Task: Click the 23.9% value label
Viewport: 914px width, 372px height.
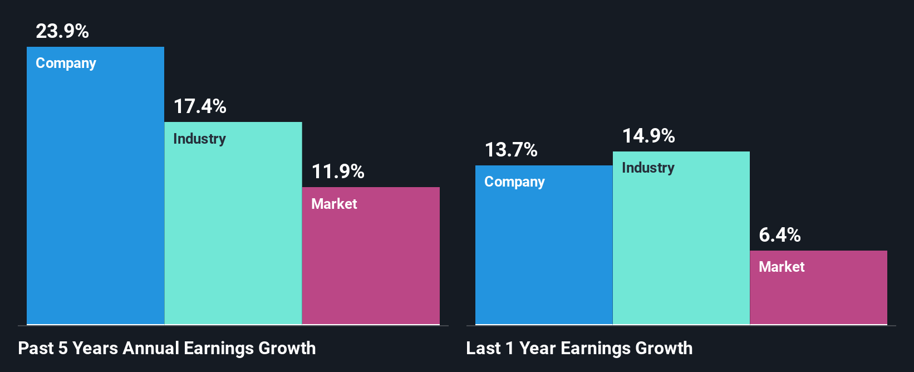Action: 62,31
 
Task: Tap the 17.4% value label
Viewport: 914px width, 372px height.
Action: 200,106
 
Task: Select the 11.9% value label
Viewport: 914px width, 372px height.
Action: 338,172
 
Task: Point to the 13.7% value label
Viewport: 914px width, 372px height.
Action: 511,150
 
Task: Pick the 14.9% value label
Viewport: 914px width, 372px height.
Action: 648,136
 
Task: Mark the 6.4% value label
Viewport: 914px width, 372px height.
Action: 780,235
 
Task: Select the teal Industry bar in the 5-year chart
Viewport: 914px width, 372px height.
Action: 233,234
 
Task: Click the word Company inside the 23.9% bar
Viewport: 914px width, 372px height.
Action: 66,63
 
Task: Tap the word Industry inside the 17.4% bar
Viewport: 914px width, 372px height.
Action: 199,139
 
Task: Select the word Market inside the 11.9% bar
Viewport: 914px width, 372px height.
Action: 334,204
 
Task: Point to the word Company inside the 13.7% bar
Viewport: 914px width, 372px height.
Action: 514,182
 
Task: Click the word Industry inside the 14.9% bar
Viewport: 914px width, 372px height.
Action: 648,168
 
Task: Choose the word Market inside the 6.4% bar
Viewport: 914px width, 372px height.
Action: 782,267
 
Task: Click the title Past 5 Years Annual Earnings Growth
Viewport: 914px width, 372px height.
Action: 167,348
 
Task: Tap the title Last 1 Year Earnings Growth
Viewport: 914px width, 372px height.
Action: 579,348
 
